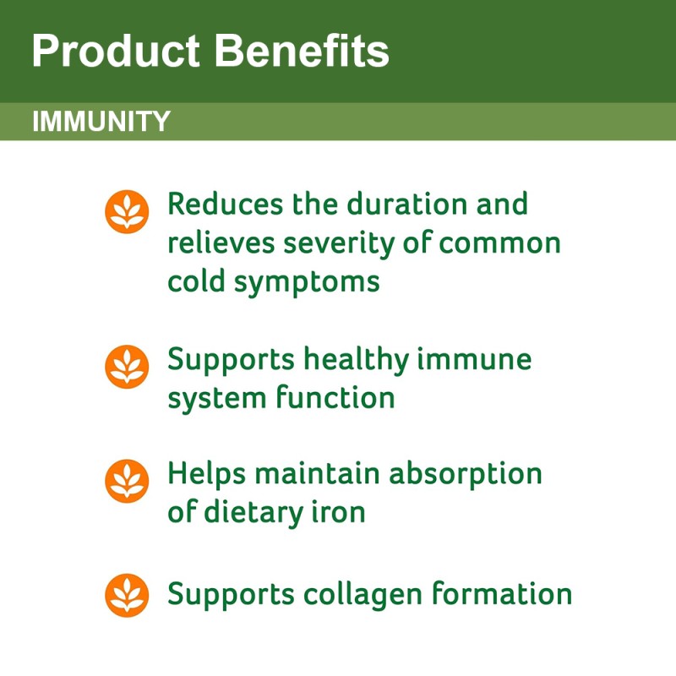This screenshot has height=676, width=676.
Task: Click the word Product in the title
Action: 117,52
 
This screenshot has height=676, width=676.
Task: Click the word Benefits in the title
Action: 302,52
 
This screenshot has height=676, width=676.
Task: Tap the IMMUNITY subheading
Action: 101,122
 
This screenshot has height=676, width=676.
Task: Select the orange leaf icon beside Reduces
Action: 127,211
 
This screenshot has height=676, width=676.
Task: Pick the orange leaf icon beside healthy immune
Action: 127,366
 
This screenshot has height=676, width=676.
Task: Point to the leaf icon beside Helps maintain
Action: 127,480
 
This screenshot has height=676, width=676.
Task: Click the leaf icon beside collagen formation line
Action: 127,594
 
